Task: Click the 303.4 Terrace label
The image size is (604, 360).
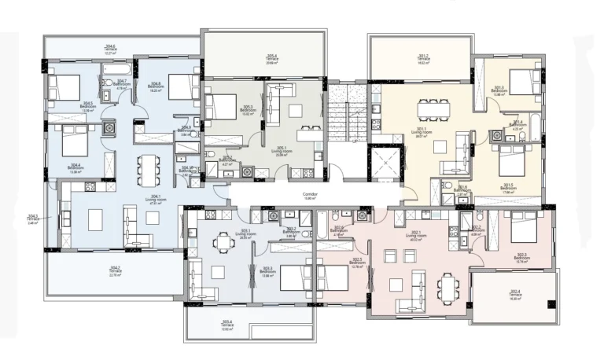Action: [227, 324]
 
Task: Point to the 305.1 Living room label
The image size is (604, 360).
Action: [280, 152]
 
